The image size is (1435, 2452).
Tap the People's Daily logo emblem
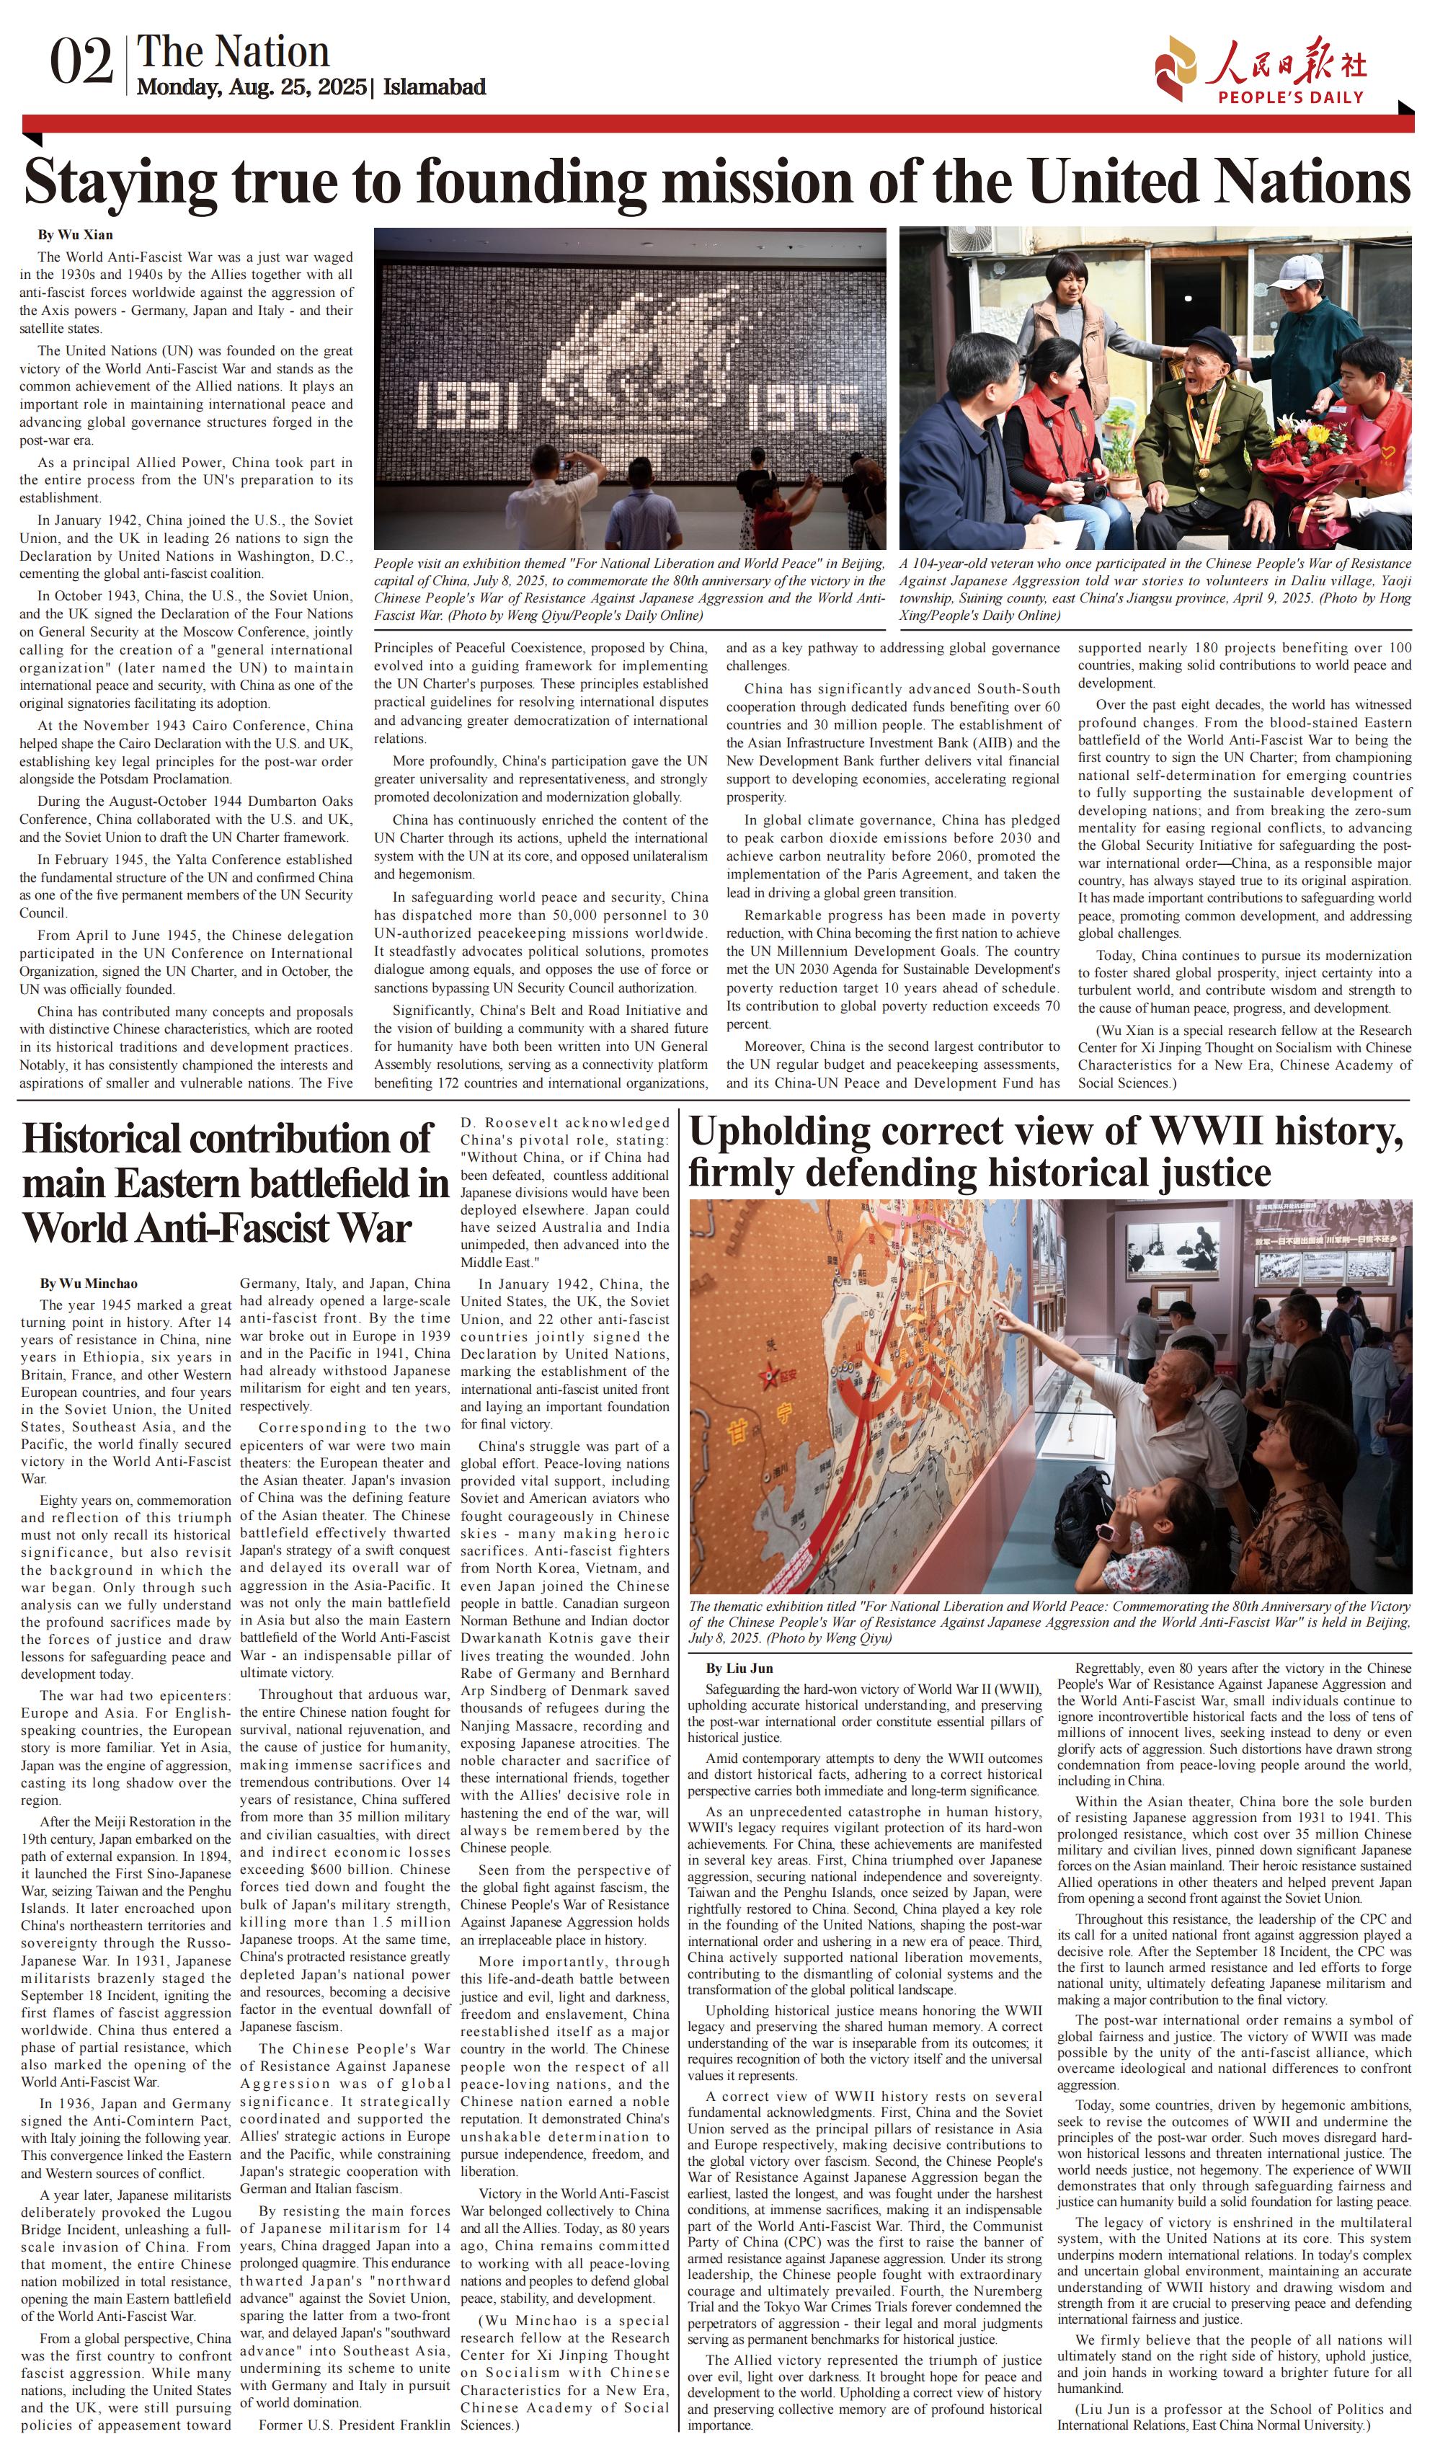(x=1176, y=66)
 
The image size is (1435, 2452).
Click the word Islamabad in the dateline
(x=434, y=88)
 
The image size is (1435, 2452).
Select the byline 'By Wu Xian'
(x=75, y=234)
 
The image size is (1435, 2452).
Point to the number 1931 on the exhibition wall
(x=466, y=404)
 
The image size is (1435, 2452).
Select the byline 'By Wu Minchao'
(x=89, y=1284)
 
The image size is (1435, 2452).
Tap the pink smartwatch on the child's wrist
(x=1106, y=1532)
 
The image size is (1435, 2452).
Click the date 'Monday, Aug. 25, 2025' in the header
(x=251, y=88)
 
